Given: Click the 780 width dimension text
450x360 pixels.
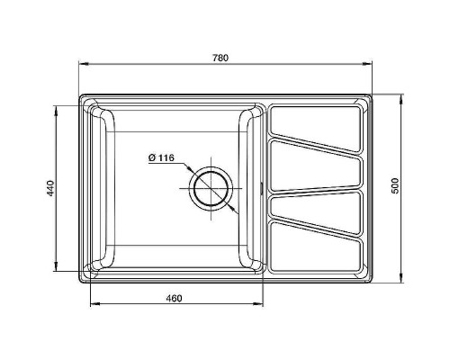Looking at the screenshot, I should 220,58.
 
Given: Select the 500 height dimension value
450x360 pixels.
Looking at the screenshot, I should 393,186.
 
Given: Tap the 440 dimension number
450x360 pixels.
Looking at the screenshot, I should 51,188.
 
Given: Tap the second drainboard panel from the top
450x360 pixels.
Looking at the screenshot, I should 317,165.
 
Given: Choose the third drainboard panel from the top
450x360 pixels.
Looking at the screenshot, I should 317,207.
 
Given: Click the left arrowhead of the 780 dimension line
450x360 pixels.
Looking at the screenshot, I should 82,65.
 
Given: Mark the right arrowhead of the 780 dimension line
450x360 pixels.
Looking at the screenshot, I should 371,65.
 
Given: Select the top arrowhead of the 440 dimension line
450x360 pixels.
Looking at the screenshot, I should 58,109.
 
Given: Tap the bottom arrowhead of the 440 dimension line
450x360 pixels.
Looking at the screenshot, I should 58,267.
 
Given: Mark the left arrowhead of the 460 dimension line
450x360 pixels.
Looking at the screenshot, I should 93,304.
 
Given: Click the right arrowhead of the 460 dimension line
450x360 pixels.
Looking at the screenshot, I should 260,304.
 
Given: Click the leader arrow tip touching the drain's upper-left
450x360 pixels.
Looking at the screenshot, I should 191,171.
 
